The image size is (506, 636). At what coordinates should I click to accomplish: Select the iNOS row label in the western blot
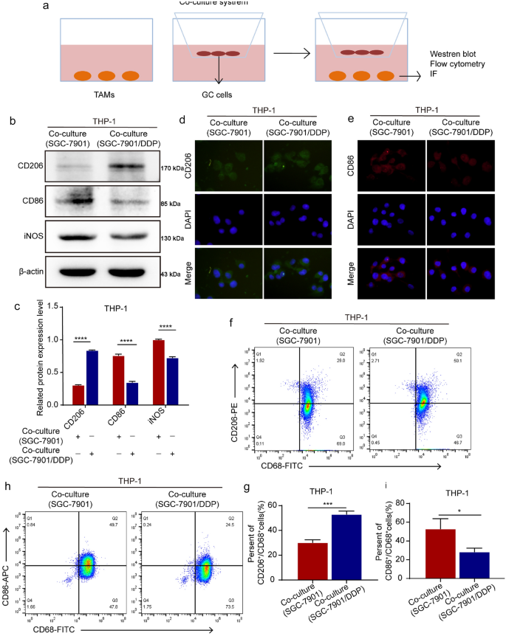click(x=27, y=238)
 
